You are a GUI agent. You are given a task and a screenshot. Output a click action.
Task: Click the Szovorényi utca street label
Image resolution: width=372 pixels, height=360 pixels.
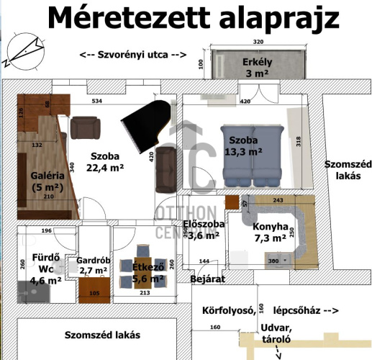pos(133,55)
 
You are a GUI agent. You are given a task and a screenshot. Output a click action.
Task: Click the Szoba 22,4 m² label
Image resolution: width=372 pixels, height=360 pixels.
pos(106,162)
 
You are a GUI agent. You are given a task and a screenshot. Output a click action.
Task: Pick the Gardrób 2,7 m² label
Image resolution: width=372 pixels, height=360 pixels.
pos(92,266)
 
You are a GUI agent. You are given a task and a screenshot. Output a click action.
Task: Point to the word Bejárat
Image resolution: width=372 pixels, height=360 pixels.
pos(204,278)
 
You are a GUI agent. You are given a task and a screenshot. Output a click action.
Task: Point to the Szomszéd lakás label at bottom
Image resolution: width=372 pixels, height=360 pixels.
pos(101,336)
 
